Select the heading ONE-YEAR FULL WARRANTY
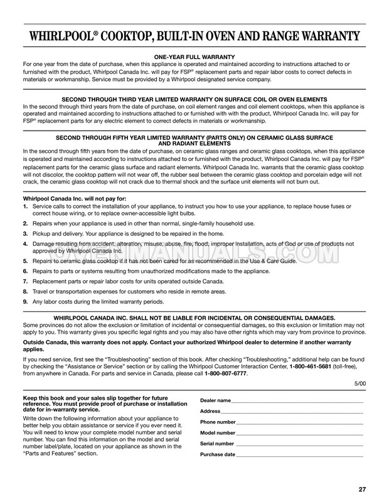[194, 57]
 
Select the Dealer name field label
[215, 400]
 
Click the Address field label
[210, 411]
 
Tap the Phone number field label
[218, 422]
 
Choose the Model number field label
[218, 433]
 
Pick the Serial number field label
[217, 444]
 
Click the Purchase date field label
[218, 454]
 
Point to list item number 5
[25, 261]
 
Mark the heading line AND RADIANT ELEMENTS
[194, 143]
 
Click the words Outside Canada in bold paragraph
[45, 342]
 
